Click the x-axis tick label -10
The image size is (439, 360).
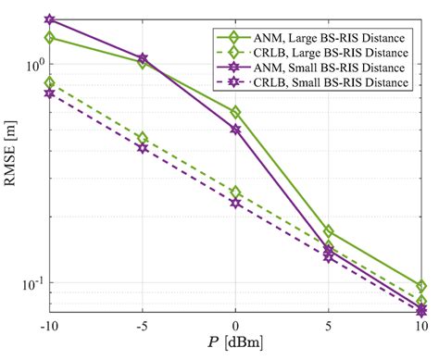(x=48, y=325)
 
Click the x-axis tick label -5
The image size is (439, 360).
(x=142, y=325)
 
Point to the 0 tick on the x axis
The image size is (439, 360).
(x=236, y=325)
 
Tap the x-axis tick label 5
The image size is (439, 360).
(x=330, y=325)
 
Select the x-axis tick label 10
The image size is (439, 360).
(x=421, y=325)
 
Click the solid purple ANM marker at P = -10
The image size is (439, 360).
(x=49, y=19)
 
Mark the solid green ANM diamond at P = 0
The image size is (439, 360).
(x=236, y=112)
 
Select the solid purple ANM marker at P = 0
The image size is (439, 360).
(x=236, y=130)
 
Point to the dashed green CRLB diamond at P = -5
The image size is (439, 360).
(x=143, y=138)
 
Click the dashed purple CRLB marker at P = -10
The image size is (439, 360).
(x=49, y=93)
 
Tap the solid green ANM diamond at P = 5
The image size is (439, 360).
(x=330, y=231)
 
